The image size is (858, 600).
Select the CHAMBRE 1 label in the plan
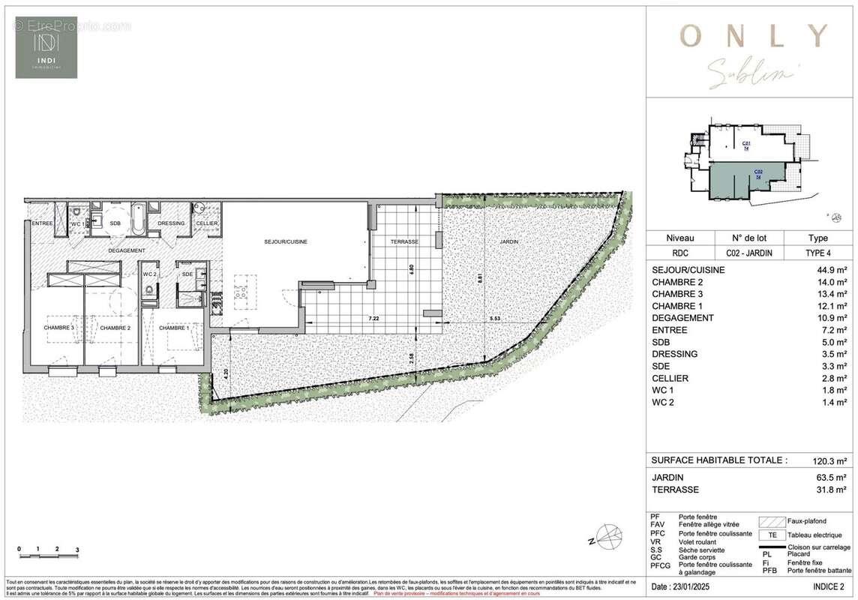coord(173,328)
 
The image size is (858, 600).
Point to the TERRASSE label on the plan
coord(404,241)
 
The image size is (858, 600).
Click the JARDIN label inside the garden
coord(508,241)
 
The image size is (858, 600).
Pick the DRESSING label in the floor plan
coord(171,223)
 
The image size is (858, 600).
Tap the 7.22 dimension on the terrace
coord(373,319)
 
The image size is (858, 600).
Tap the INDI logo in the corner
coord(46,46)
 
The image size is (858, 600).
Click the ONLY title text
coord(752,34)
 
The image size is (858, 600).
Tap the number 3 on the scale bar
coord(77,550)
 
